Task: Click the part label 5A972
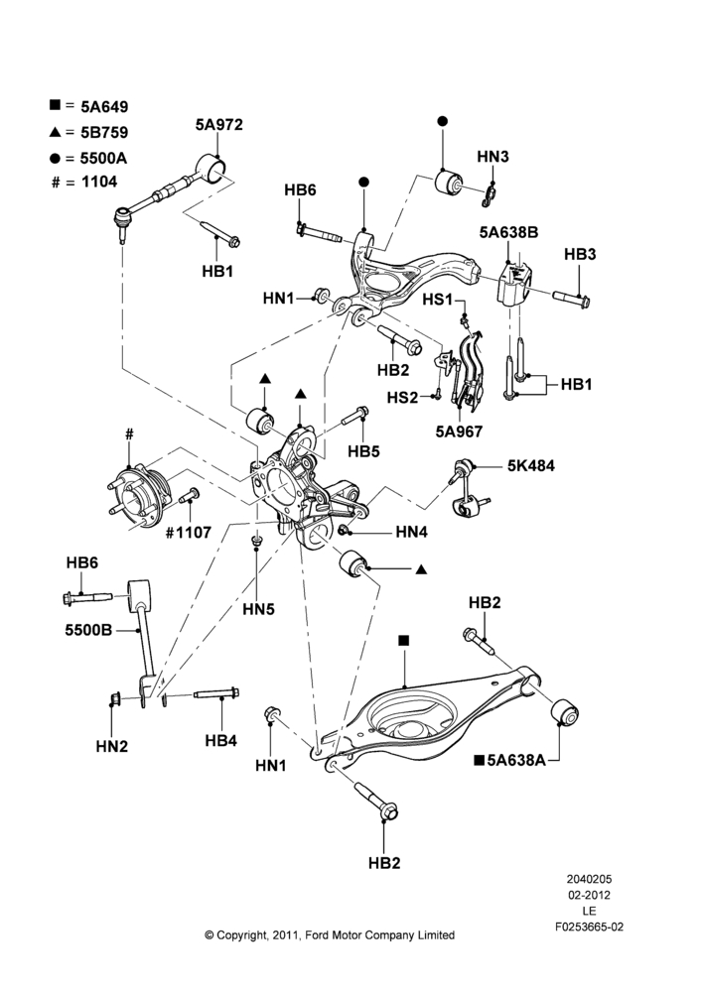(218, 125)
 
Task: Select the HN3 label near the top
(492, 157)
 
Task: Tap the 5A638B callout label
(508, 233)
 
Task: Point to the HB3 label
(580, 254)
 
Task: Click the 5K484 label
(531, 465)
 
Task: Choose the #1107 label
(188, 533)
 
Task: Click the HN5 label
(258, 609)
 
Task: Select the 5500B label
(88, 630)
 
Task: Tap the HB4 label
(221, 740)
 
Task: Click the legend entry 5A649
(104, 107)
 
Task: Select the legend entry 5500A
(104, 158)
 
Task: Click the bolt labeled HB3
(572, 297)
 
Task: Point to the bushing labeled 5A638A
(564, 712)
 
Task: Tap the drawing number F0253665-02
(589, 927)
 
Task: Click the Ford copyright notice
(330, 935)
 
